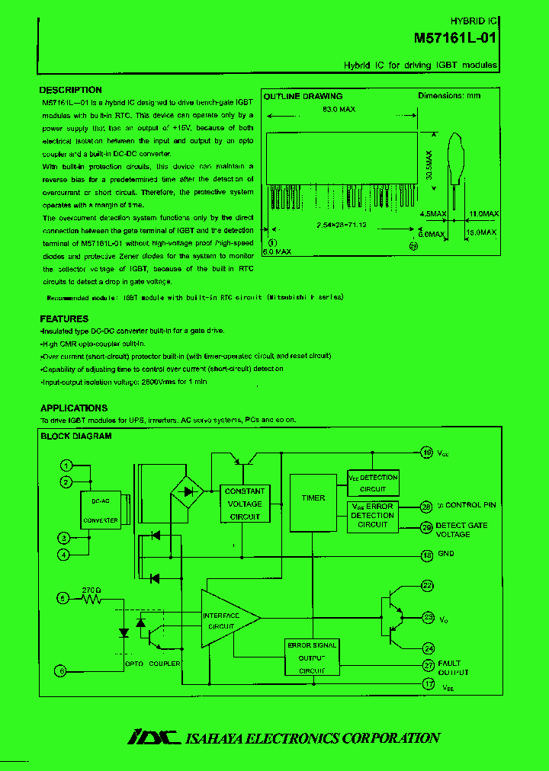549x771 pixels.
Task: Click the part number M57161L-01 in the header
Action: pos(456,37)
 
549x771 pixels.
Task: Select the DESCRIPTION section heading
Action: pos(70,90)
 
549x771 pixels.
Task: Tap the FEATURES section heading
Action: pos(64,319)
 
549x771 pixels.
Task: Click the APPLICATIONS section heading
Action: pos(74,408)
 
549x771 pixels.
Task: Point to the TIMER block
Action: pos(313,498)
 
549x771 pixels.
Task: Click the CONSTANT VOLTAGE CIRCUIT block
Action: pos(245,504)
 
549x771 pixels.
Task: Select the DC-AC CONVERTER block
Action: pos(100,511)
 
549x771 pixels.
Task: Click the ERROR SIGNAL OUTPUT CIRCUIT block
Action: pos(312,657)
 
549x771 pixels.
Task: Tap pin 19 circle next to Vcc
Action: pos(427,453)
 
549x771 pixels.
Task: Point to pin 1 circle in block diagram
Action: pos(66,465)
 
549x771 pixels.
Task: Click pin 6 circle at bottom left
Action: pos(63,670)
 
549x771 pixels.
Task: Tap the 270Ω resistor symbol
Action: pos(92,599)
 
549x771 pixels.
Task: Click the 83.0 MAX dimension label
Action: pos(339,110)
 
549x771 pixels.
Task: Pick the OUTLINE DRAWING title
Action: pos(303,97)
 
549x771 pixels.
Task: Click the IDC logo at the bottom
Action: pos(152,737)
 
